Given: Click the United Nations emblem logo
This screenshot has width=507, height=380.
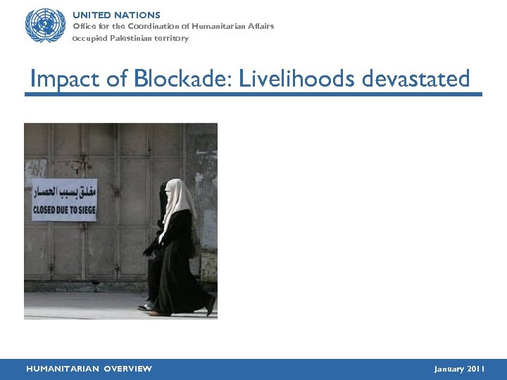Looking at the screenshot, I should [x=45, y=25].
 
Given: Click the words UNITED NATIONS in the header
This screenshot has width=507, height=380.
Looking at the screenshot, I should [x=116, y=15].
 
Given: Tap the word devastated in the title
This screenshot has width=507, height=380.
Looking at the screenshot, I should [x=415, y=79].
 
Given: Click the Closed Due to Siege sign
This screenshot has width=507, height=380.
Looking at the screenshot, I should [x=64, y=200].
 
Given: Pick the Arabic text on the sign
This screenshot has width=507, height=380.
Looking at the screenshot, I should [x=64, y=191].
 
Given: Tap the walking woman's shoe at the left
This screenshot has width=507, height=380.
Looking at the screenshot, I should [x=146, y=306].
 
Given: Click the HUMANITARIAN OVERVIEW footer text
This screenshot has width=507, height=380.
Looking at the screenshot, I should [x=89, y=369].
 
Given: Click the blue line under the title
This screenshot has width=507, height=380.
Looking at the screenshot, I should [x=254, y=94].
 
